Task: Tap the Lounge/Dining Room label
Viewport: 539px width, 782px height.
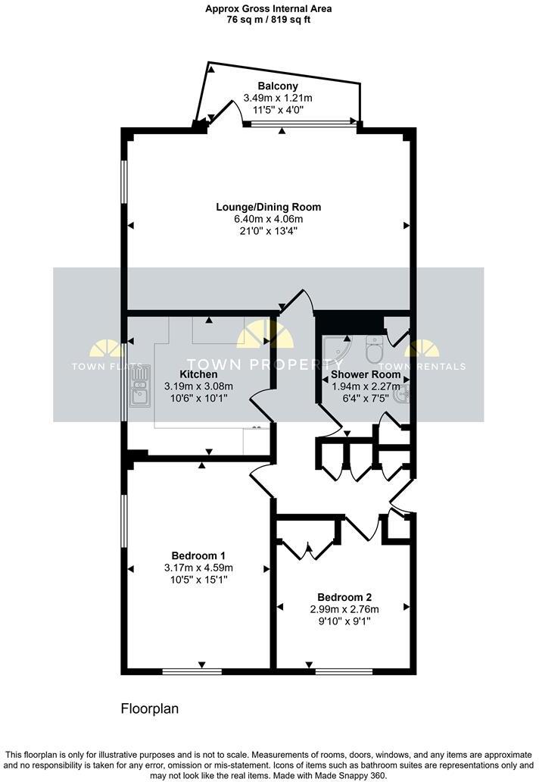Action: [268, 207]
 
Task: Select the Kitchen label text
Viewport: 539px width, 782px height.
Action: [198, 374]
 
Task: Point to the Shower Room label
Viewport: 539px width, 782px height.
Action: [366, 374]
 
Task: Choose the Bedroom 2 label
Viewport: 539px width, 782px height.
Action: [344, 596]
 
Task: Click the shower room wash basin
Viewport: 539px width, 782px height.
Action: [403, 393]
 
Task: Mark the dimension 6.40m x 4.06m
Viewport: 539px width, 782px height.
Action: [268, 220]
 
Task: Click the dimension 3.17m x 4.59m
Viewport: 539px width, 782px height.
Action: [198, 568]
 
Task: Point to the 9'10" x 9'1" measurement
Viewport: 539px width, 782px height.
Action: [344, 621]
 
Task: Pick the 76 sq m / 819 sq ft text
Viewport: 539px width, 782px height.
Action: [269, 20]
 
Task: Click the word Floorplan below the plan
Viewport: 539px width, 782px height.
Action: [149, 709]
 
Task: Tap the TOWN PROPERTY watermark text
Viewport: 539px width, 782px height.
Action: [265, 364]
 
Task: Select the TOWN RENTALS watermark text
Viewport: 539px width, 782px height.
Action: [435, 367]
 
